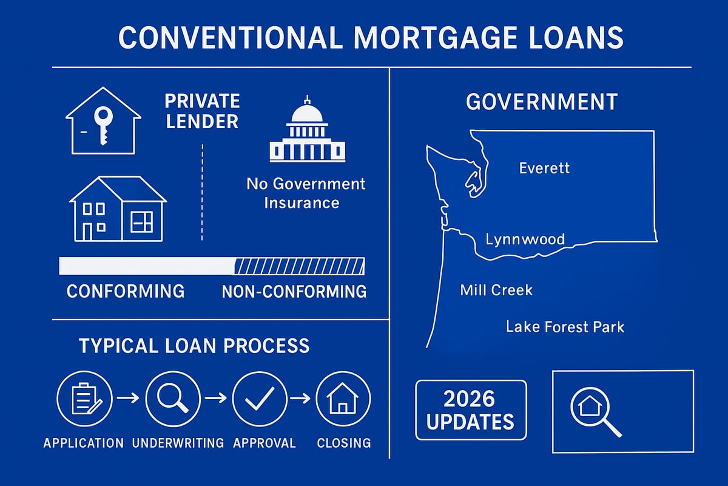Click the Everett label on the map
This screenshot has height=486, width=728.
(544, 168)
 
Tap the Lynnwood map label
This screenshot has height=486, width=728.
(525, 239)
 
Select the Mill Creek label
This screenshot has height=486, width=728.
(496, 290)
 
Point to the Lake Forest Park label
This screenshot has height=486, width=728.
(565, 327)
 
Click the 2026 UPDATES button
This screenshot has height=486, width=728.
(471, 410)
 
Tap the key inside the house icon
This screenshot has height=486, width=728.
(103, 124)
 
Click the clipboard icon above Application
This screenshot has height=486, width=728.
(85, 399)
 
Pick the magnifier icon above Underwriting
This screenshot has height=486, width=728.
(173, 399)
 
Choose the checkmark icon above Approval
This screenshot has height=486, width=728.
(260, 399)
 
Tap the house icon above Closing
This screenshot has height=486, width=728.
(343, 399)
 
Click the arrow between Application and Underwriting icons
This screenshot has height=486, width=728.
(129, 399)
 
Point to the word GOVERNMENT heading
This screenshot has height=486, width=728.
(541, 101)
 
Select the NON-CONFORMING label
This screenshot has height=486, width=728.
(294, 292)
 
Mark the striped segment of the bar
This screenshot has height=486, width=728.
(299, 266)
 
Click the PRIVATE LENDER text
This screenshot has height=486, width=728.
(203, 111)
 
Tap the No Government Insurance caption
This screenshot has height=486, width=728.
(306, 193)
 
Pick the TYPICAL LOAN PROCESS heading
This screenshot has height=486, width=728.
(194, 346)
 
